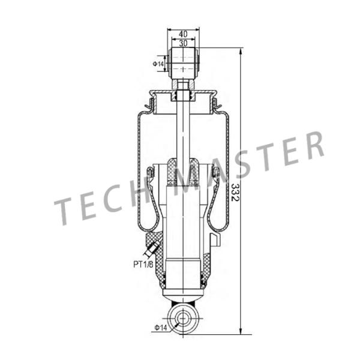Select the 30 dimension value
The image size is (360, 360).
tap(183, 43)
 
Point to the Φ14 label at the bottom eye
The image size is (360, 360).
tap(160, 327)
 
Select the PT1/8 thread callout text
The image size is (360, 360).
tap(143, 263)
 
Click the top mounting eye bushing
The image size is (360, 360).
tap(184, 61)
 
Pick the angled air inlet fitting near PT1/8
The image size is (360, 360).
tap(152, 248)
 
